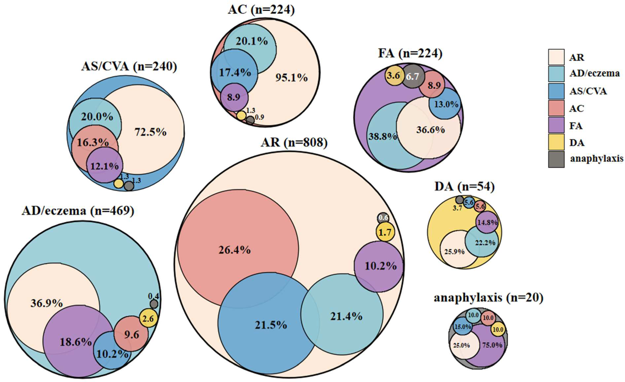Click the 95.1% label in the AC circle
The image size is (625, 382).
coord(291,78)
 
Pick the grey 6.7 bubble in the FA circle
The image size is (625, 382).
coord(412,76)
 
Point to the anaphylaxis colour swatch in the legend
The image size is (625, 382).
coord(556,159)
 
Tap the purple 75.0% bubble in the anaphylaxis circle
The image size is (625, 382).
coord(488,350)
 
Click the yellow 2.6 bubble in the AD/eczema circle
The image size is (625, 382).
coord(148,318)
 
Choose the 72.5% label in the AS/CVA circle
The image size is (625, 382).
coord(150,132)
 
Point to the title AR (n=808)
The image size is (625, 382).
coord(294,143)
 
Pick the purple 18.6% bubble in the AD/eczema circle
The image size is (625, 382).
coord(75,342)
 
